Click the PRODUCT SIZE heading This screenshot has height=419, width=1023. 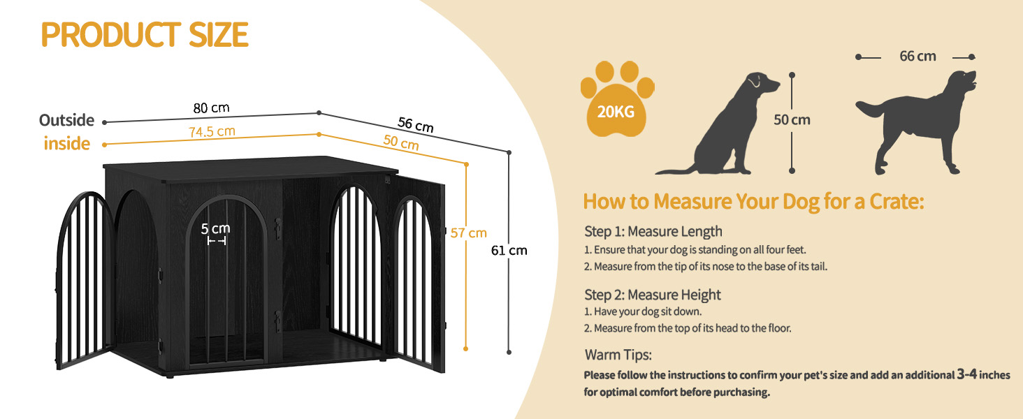pos(145,35)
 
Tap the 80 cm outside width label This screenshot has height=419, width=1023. pos(211,108)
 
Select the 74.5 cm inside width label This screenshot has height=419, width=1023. pos(212,132)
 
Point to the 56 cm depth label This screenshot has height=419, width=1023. pos(415,124)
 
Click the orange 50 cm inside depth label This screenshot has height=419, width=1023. pos(401,142)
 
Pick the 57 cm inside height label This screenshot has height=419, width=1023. pos(469,233)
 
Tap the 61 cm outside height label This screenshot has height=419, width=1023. pos(509,251)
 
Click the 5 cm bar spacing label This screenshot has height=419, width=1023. pos(215,228)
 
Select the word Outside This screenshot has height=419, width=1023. pos(66,120)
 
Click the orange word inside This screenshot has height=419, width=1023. pos(67,144)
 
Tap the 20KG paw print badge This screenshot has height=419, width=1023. pos(617,98)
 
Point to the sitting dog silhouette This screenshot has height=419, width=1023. pos(717,124)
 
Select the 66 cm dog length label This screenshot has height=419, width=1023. pos(917,56)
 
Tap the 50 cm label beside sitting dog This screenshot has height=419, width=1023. pos(792,120)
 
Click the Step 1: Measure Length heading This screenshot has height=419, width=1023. pos(653,231)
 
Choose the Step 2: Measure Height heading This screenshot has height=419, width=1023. pos(653,295)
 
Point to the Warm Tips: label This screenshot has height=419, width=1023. pos(618,355)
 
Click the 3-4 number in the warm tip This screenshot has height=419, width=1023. pos(967,374)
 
